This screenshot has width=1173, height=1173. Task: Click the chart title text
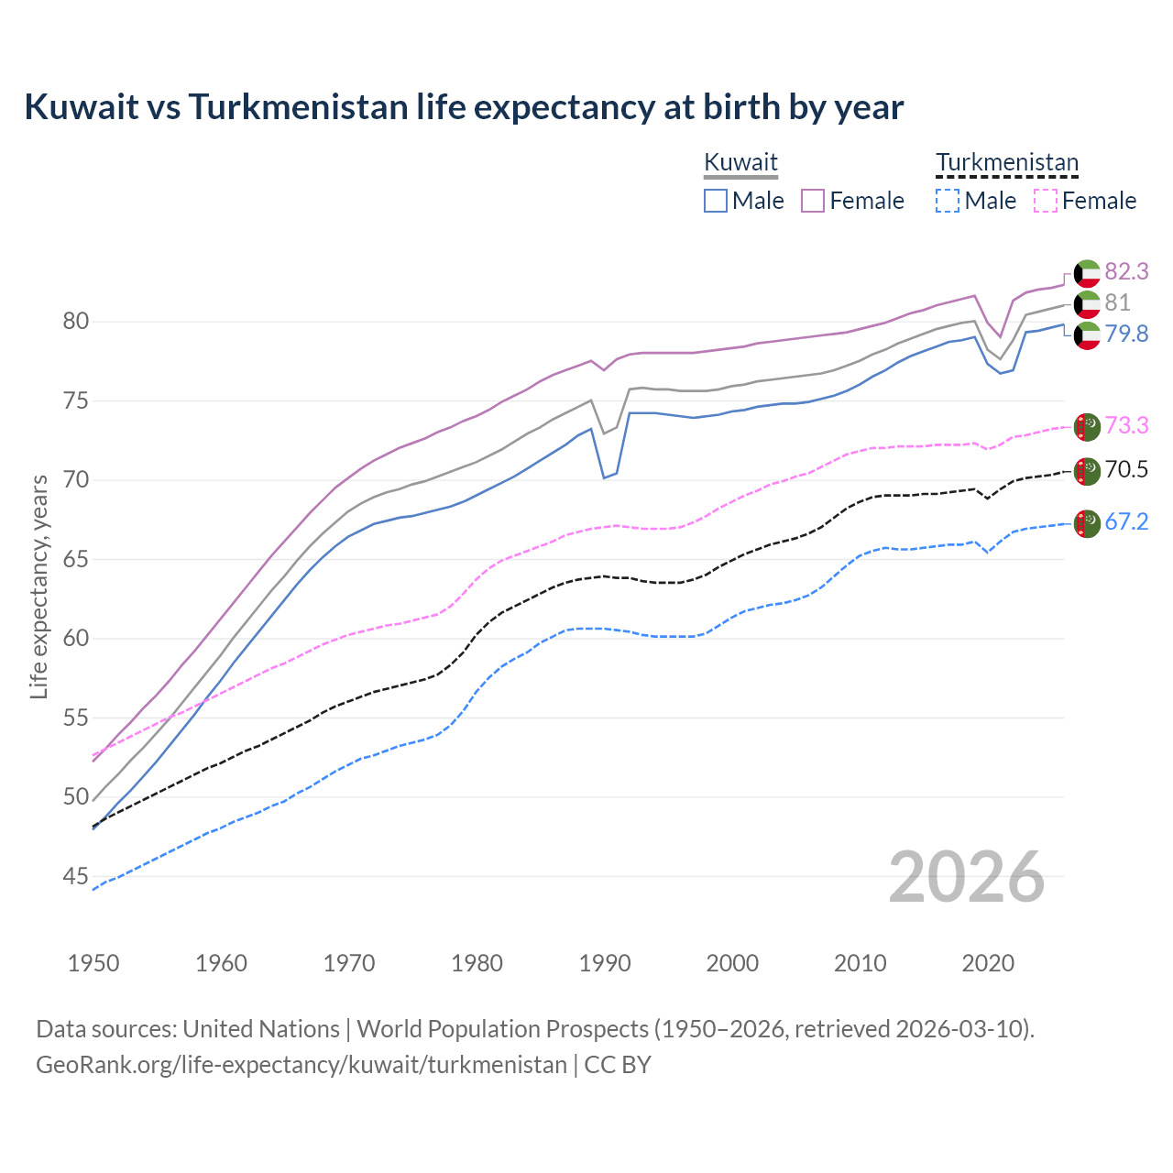pos(464,107)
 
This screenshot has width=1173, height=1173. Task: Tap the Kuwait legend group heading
pos(740,162)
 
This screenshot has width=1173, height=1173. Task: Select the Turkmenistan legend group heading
pos(1006,162)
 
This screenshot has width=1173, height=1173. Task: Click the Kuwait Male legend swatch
pos(716,201)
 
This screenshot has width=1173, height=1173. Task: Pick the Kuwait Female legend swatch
pos(813,201)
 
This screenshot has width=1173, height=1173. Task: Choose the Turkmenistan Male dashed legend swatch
pos(948,201)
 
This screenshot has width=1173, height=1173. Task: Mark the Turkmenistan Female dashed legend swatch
pos(1045,201)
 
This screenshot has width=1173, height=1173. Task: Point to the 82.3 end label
pos(1126,271)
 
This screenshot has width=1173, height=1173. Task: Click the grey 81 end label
pos(1117,302)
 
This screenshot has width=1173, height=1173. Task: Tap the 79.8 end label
pos(1126,334)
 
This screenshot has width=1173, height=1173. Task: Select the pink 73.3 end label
pos(1126,425)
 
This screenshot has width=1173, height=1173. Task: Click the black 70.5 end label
pos(1126,470)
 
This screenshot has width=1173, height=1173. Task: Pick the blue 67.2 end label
pos(1126,522)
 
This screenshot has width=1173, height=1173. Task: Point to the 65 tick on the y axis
pos(76,559)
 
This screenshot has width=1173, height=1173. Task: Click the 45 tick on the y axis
pos(76,877)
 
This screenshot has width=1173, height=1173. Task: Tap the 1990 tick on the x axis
pos(605,963)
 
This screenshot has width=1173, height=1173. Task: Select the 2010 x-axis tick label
pos(860,963)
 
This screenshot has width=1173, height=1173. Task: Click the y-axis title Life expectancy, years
pos(39,586)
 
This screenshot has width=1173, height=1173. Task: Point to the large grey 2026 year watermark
pos(967,878)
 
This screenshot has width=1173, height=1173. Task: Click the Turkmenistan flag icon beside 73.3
pos(1087,426)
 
